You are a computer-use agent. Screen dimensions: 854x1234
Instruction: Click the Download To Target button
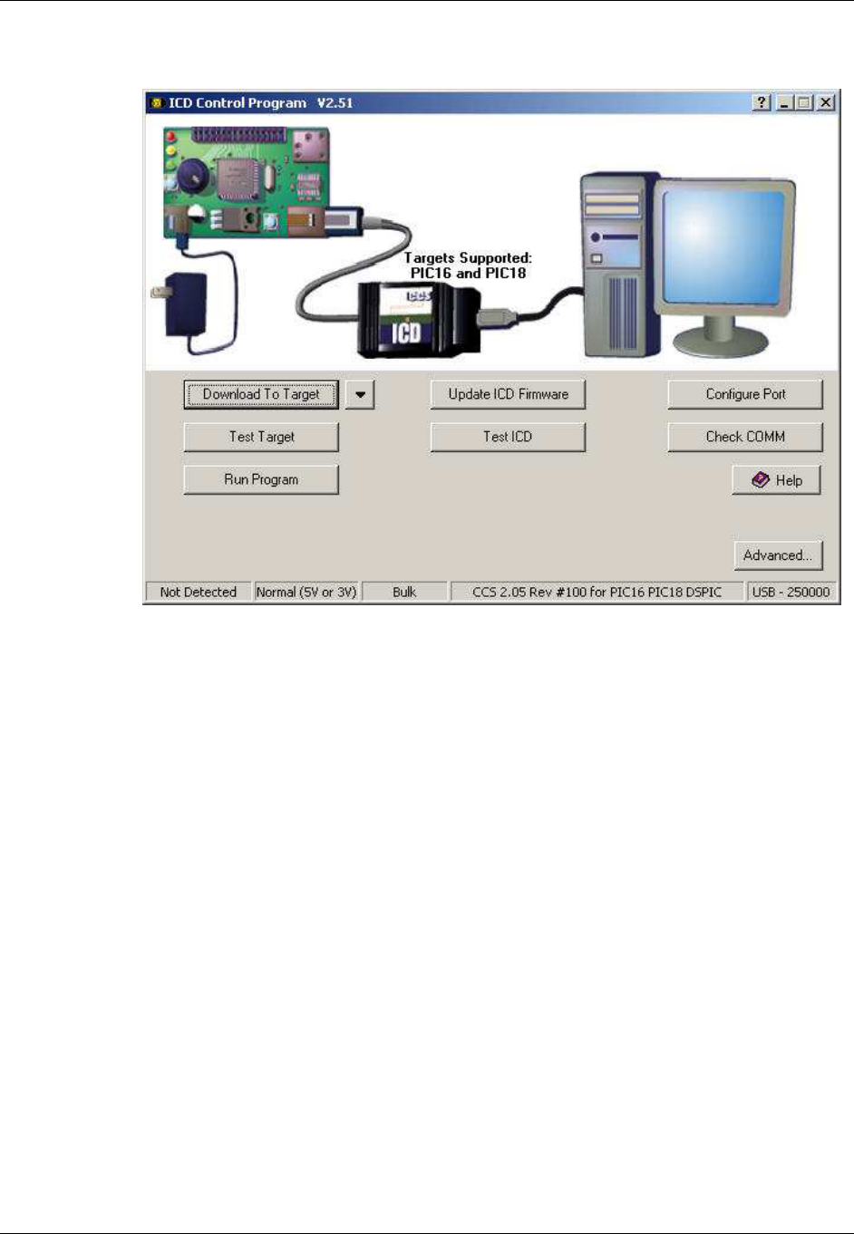[x=261, y=394]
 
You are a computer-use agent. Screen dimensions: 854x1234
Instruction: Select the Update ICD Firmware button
[x=508, y=394]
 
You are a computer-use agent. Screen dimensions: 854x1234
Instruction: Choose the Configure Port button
[x=745, y=394]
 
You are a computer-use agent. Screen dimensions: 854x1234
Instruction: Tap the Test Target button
[x=261, y=437]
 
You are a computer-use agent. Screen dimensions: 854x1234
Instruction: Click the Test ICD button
[x=508, y=437]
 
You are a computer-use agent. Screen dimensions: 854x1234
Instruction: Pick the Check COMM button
[x=745, y=437]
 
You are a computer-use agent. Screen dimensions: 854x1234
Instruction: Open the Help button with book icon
[x=777, y=480]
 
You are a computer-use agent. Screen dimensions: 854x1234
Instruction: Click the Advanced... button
[x=778, y=555]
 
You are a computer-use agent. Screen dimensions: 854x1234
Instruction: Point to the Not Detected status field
[x=198, y=593]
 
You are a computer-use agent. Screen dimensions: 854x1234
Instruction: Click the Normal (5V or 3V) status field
[x=306, y=593]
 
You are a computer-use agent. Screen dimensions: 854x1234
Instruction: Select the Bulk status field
[x=404, y=593]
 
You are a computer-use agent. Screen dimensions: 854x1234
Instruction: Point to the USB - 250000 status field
[x=791, y=593]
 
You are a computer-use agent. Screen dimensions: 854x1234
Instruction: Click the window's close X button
[x=826, y=103]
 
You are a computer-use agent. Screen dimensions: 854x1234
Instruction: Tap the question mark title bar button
[x=762, y=103]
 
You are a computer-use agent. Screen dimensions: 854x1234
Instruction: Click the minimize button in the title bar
[x=785, y=103]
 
